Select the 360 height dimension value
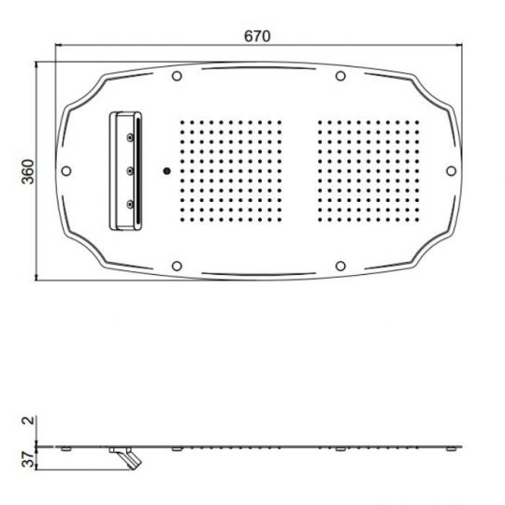pos(28,171)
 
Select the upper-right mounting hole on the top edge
pos(340,76)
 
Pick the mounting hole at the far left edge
pos(65,170)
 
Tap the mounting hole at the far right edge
pos(451,170)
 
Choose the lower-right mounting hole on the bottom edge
pos(340,266)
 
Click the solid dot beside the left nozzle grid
pos(166,170)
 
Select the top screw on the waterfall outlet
pos(129,137)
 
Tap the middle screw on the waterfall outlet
pos(129,170)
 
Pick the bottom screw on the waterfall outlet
pos(129,203)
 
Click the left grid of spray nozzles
pos(228,170)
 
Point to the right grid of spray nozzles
pos(368,170)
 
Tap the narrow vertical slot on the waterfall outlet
pos(139,170)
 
